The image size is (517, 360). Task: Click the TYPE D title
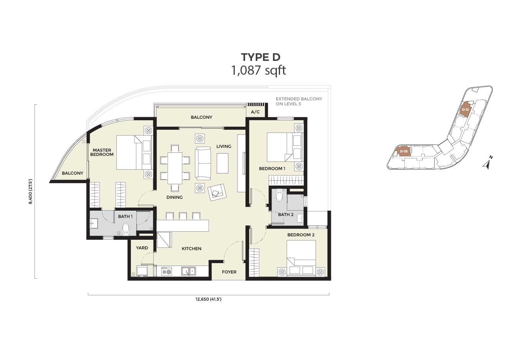point(260,57)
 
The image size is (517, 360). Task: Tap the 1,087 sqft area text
point(258,70)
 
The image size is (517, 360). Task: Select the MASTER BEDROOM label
point(102,152)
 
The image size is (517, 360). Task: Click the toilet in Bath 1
point(126,229)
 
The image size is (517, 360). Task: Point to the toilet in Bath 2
point(279,195)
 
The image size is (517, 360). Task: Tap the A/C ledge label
point(255,112)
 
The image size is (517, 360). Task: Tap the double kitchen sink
point(188,272)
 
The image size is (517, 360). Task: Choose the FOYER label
point(229,272)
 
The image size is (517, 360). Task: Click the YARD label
point(142,248)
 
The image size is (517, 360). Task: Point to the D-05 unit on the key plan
point(403,151)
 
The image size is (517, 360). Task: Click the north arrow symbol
point(487,163)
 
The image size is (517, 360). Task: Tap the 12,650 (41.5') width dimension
point(208,299)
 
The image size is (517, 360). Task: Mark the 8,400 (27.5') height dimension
point(31,191)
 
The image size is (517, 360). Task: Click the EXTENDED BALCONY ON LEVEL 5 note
point(299,101)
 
